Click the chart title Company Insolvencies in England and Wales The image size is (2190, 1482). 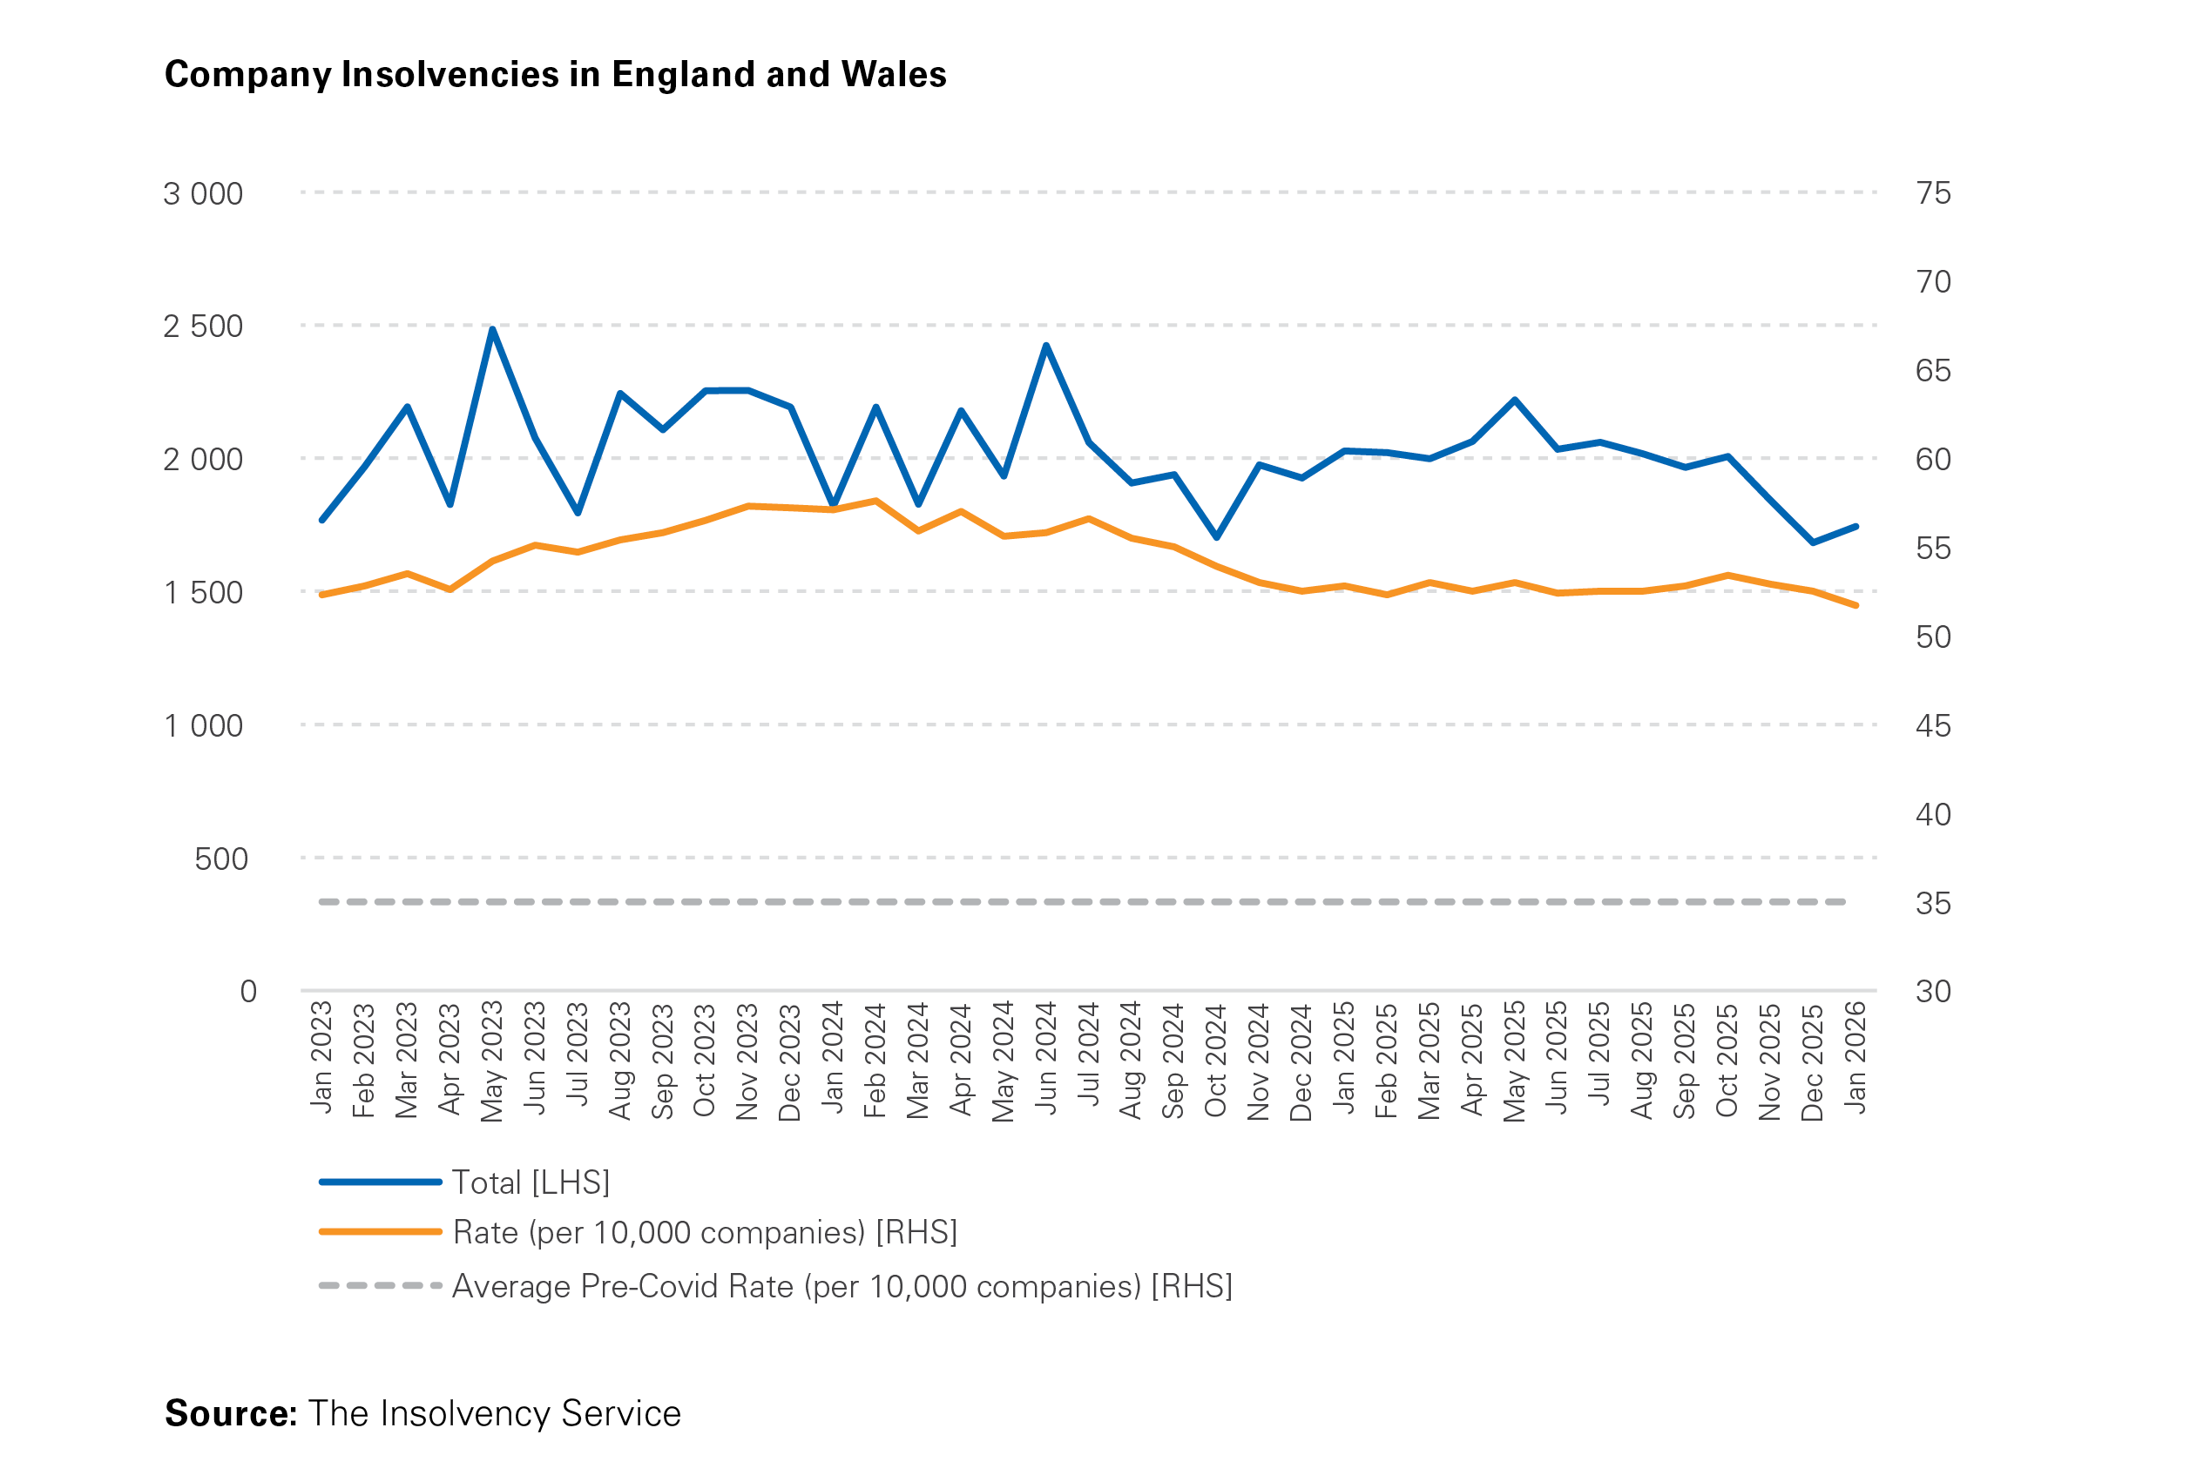pyautogui.click(x=555, y=74)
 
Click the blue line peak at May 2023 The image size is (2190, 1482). pyautogui.click(x=493, y=330)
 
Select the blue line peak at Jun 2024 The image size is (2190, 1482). pyautogui.click(x=1046, y=346)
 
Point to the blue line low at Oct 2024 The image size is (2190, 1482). pyautogui.click(x=1217, y=537)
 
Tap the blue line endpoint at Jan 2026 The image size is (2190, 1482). pyautogui.click(x=1855, y=527)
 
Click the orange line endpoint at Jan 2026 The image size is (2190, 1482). pyautogui.click(x=1855, y=606)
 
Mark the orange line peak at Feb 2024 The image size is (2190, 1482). pyautogui.click(x=876, y=502)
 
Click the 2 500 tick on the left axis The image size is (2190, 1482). pyautogui.click(x=204, y=326)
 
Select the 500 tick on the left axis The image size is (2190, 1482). pyautogui.click(x=220, y=859)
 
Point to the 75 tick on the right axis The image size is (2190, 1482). pyautogui.click(x=1933, y=193)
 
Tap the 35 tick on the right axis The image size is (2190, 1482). pyautogui.click(x=1933, y=904)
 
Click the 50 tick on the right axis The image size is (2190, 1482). pyautogui.click(x=1933, y=637)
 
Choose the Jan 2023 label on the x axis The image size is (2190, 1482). pyautogui.click(x=321, y=1056)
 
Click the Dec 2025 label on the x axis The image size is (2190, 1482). pyautogui.click(x=1812, y=1061)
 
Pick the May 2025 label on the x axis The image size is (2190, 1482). pyautogui.click(x=1514, y=1061)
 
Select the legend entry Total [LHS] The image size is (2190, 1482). pyautogui.click(x=531, y=1182)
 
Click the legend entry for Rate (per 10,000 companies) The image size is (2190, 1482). pyautogui.click(x=704, y=1232)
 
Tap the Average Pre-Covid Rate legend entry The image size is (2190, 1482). pyautogui.click(x=842, y=1286)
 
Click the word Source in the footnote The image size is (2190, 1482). pyautogui.click(x=230, y=1413)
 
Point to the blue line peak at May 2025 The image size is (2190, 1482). pyautogui.click(x=1514, y=401)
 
